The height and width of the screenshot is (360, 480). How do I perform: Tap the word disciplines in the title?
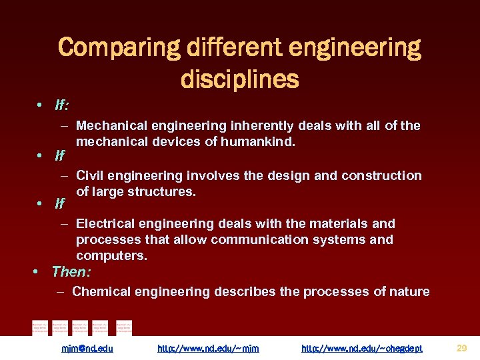[x=239, y=79]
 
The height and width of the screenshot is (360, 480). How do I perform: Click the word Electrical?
[x=107, y=223]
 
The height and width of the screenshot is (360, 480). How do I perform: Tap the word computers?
[x=111, y=255]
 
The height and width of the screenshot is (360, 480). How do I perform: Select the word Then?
[x=71, y=272]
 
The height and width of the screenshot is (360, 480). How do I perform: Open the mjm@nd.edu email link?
[x=87, y=348]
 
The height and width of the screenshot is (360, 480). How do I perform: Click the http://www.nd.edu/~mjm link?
[x=208, y=348]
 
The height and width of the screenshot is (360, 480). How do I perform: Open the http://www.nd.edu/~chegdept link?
[x=361, y=348]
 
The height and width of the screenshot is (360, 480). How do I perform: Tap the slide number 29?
[x=462, y=347]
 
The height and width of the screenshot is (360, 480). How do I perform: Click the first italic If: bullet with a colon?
[x=63, y=106]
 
